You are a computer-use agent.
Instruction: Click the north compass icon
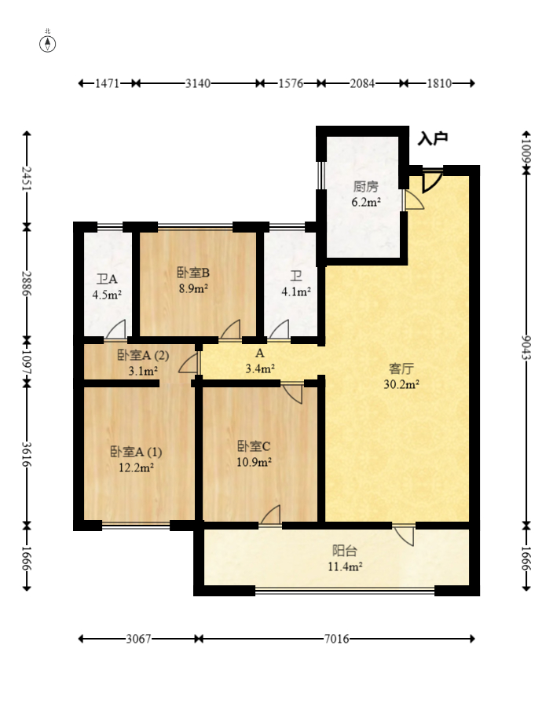[x=49, y=42]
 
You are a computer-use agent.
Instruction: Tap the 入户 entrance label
[x=432, y=139]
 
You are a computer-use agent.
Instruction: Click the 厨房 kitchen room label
[x=366, y=187]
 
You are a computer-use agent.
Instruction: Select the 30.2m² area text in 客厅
[x=401, y=384]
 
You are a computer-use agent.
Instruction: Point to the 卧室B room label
[x=192, y=273]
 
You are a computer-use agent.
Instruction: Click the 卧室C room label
[x=255, y=447]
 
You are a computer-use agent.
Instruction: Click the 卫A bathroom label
[x=107, y=279]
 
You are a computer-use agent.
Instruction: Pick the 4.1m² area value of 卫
[x=296, y=291]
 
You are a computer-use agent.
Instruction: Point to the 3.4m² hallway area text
[x=260, y=368]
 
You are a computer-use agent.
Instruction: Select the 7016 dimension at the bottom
[x=335, y=639]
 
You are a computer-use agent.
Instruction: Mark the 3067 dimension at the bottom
[x=139, y=639]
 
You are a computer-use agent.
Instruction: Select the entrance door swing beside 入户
[x=430, y=181]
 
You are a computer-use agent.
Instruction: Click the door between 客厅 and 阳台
[x=405, y=535]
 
